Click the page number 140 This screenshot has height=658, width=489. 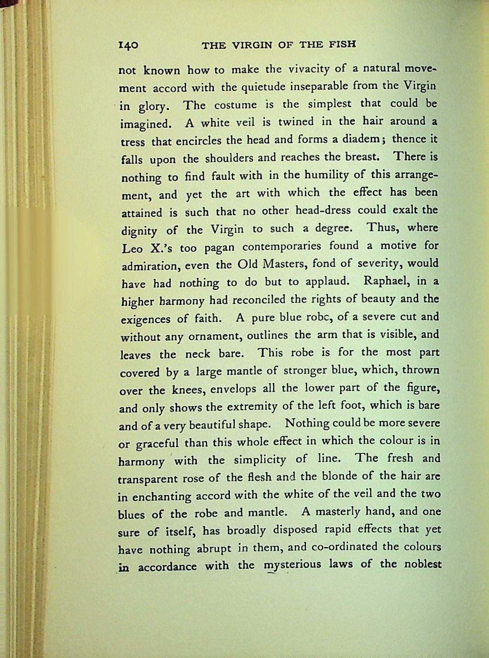tap(128, 45)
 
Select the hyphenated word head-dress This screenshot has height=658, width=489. tap(323, 211)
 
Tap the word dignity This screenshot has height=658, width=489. tap(139, 231)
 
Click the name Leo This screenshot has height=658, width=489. tap(132, 248)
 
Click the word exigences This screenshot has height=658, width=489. tap(145, 319)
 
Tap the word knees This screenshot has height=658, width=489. tap(188, 390)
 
